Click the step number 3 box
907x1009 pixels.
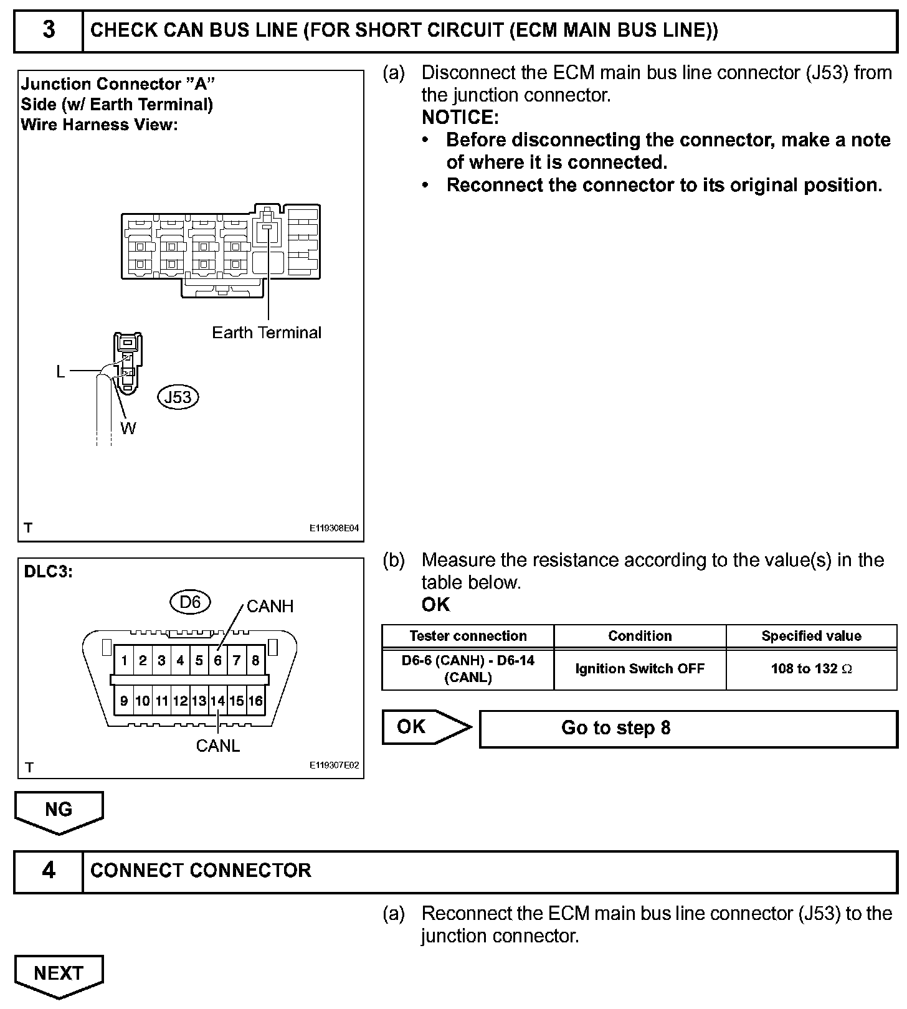[x=49, y=30]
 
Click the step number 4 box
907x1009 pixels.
[x=49, y=870]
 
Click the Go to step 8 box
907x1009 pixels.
[x=688, y=728]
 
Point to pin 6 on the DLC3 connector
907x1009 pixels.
[x=217, y=660]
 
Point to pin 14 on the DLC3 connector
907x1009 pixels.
[x=217, y=701]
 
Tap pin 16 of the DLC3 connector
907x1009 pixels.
[x=255, y=701]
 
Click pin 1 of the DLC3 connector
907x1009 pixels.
[x=125, y=660]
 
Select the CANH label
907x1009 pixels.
[x=270, y=606]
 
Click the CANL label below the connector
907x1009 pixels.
[x=217, y=746]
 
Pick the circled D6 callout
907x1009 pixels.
[x=190, y=602]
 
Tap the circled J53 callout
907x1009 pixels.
[x=178, y=397]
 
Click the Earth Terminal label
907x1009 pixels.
[x=267, y=333]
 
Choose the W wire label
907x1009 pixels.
[x=128, y=428]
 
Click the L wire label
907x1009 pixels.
[x=60, y=372]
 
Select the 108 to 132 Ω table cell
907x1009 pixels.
[x=811, y=669]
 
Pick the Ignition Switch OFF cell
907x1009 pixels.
[x=640, y=669]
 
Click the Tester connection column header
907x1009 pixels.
[x=468, y=636]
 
